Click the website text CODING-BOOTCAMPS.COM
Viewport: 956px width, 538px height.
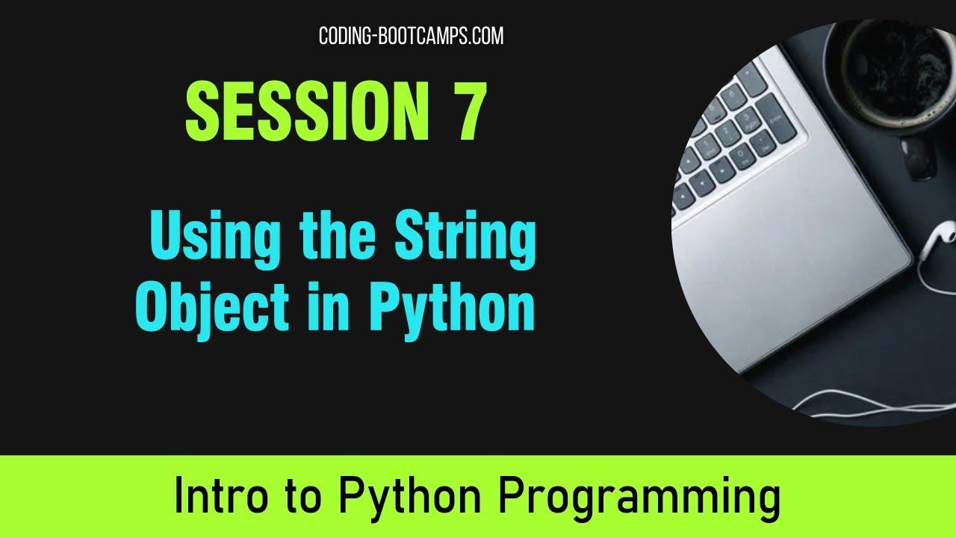(411, 36)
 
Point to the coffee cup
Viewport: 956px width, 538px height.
(889, 75)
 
